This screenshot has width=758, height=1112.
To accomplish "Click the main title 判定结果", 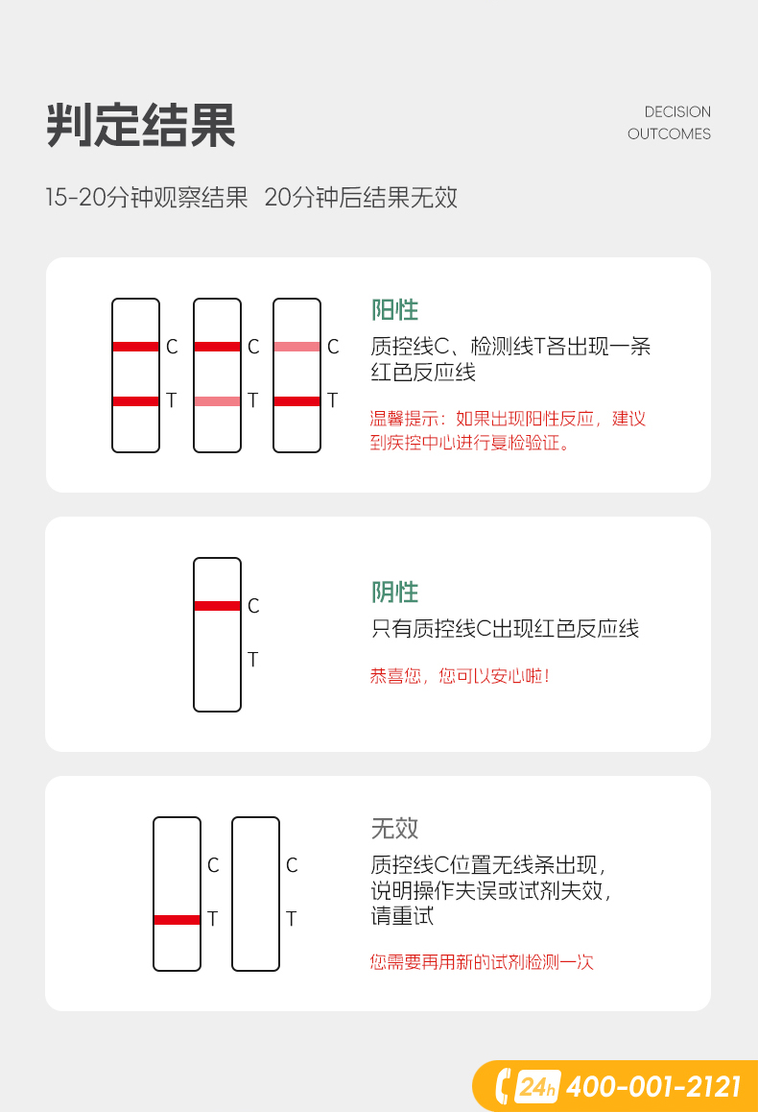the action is point(141,126).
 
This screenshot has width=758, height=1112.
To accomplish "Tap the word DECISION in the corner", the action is point(677,112).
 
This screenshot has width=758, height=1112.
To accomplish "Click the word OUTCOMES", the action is point(669,134).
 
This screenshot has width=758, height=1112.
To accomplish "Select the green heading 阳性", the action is point(394,310).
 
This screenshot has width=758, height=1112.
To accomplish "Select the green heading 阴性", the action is point(394,592).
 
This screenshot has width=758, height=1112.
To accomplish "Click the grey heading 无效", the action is point(394,829).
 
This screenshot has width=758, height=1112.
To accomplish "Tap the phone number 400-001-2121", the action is point(653,1086).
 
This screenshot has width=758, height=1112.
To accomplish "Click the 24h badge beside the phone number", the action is point(537,1086).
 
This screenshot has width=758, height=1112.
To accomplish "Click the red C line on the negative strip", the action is point(218,606).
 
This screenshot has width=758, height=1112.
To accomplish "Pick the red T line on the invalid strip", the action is point(178,920).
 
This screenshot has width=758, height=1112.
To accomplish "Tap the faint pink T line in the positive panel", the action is point(218,401).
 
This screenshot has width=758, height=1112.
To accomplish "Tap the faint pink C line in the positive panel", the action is point(296,347).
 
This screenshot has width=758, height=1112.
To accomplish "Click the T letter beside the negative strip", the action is point(253,660).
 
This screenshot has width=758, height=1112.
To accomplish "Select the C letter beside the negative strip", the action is point(253,606).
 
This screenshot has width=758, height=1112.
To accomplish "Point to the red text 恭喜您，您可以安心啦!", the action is point(460,676).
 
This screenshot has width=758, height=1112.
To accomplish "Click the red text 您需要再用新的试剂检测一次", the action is point(482,962).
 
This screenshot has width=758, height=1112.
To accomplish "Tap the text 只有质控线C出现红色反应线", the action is point(505,628).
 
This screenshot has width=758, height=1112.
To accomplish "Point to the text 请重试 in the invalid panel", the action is point(402,915).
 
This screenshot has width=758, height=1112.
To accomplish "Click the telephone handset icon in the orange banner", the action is point(502,1086).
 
